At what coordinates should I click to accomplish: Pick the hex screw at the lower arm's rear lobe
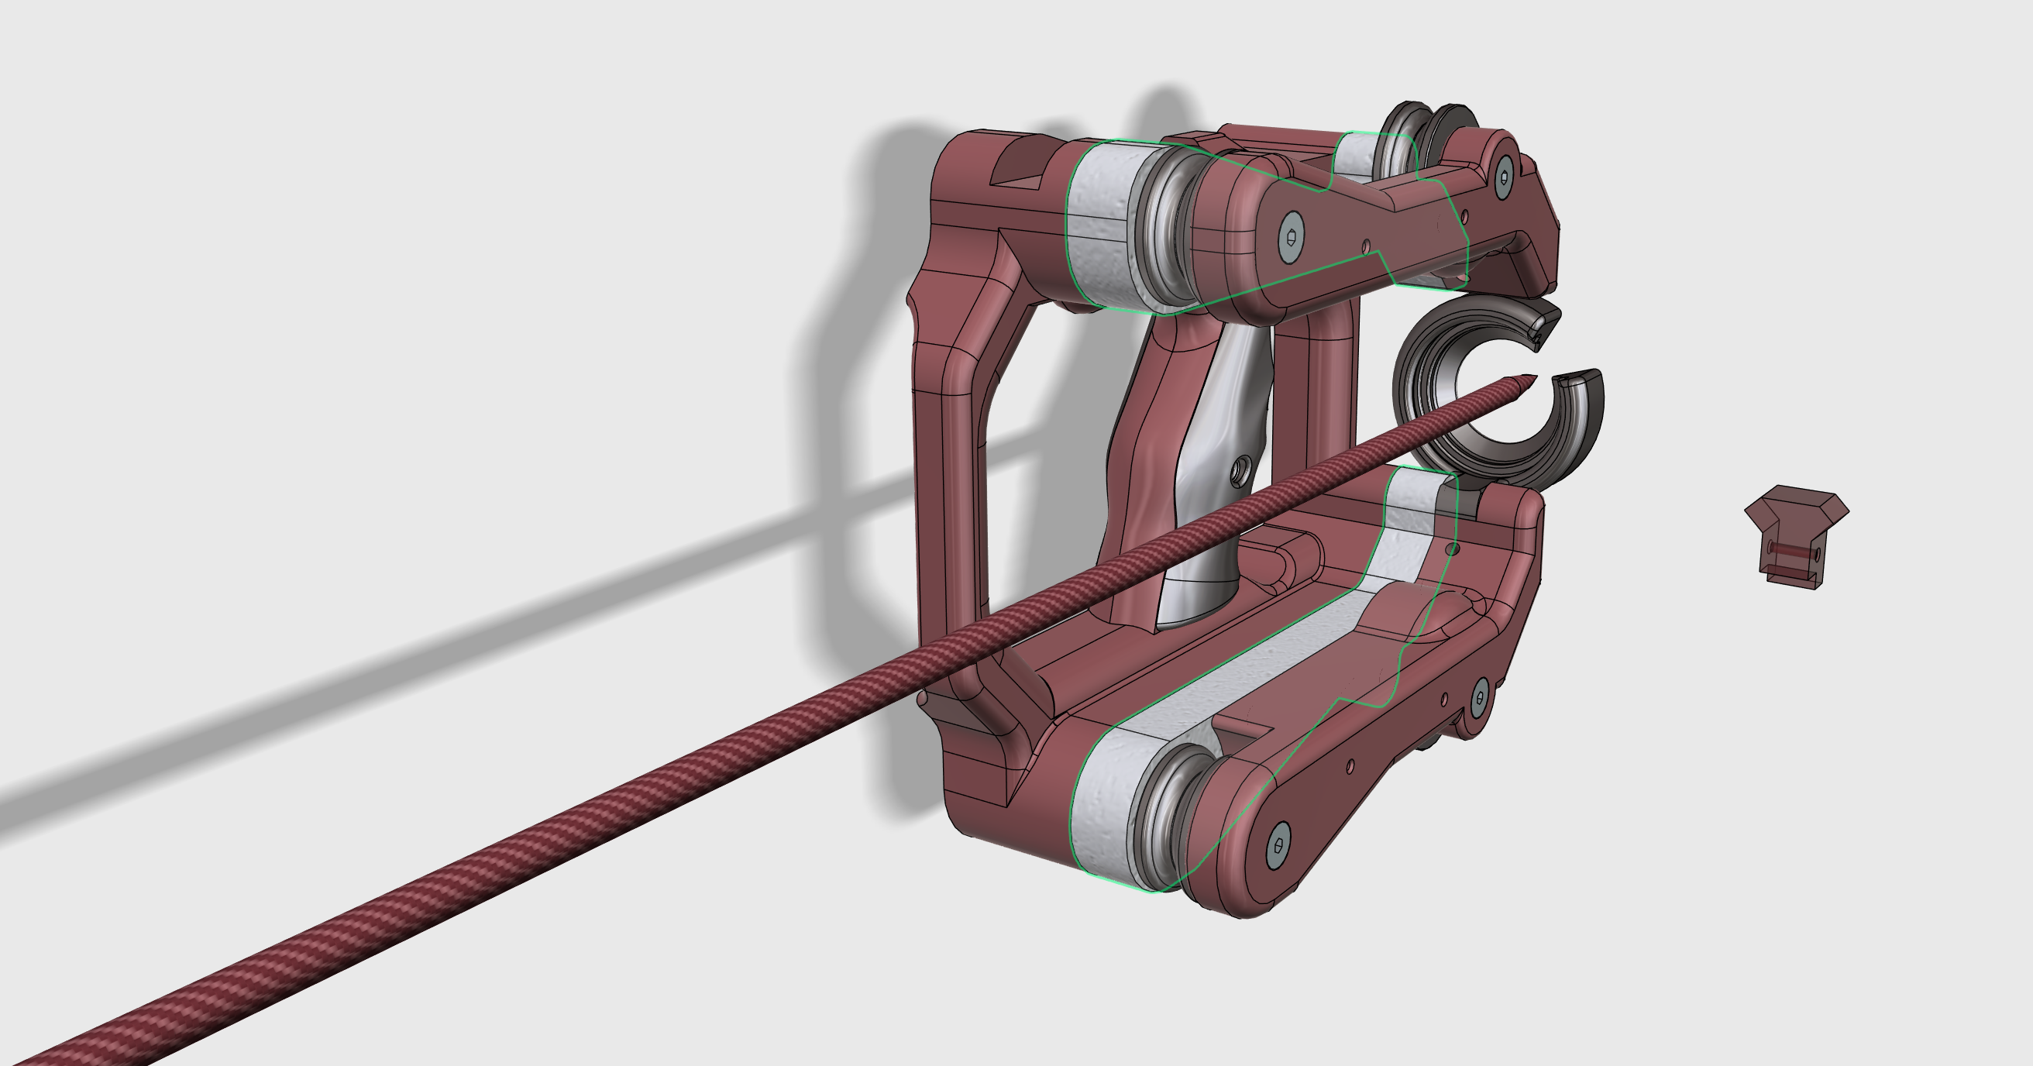pyautogui.click(x=1480, y=696)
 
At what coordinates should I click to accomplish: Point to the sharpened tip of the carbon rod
pyautogui.click(x=1528, y=378)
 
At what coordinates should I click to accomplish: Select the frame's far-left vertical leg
pyautogui.click(x=947, y=489)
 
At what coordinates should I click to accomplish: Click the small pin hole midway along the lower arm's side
pyautogui.click(x=1350, y=765)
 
